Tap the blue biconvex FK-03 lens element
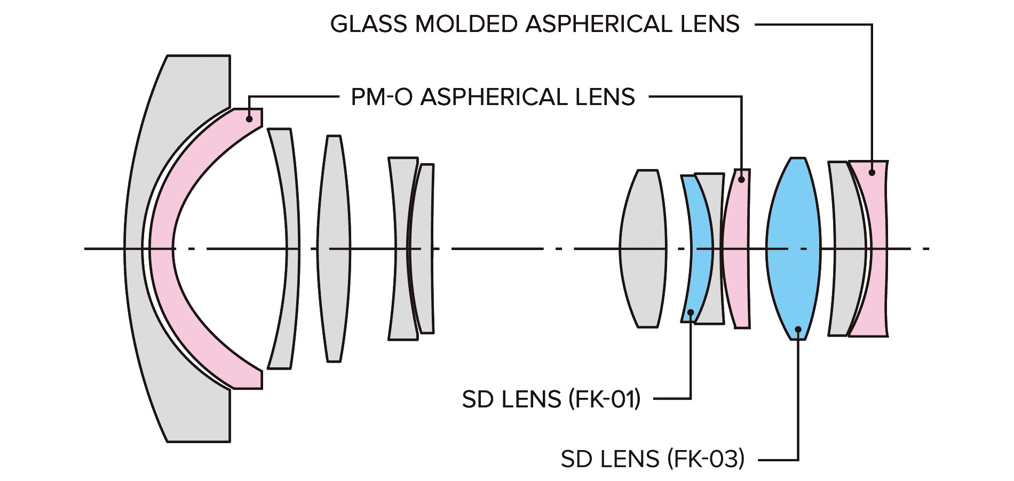(793, 248)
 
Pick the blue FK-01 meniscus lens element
(698, 248)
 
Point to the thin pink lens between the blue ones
(736, 248)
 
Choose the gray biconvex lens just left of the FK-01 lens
(643, 248)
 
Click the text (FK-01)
(604, 399)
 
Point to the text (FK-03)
(706, 459)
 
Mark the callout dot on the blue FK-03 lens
(798, 329)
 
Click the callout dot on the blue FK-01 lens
(691, 312)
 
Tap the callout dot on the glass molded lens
(872, 172)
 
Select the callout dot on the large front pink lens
(249, 119)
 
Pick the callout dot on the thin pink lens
(741, 180)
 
